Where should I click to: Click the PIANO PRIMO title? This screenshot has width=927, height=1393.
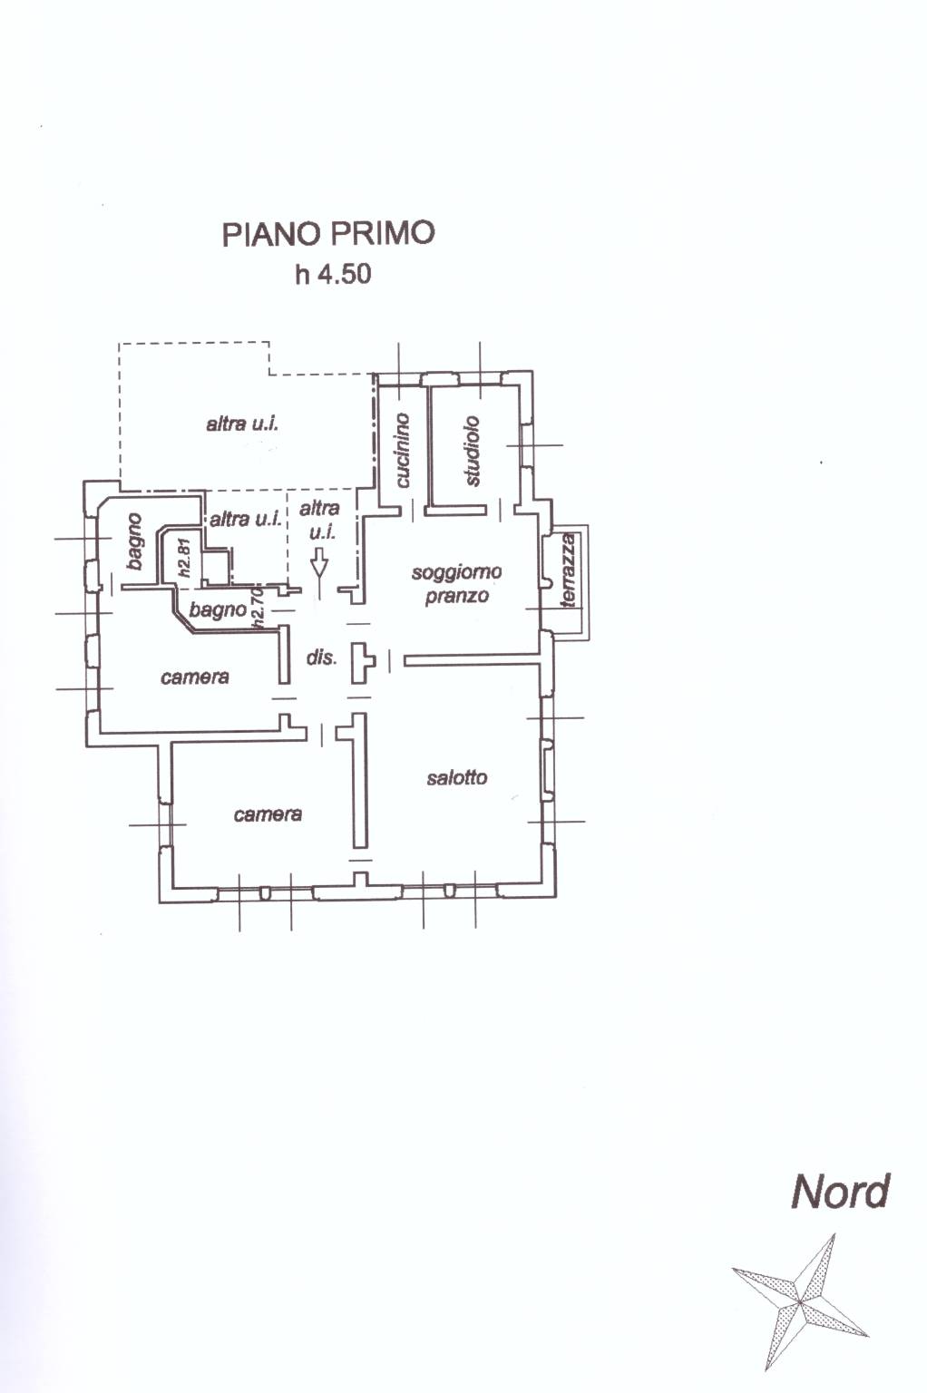point(328,234)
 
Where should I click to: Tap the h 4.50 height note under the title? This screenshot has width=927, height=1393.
point(333,274)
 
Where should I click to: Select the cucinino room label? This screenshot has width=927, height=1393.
point(403,450)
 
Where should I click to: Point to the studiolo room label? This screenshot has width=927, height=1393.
point(473,451)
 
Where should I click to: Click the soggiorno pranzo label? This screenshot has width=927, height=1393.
point(456,584)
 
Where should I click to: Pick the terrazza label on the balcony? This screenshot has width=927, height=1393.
point(568,570)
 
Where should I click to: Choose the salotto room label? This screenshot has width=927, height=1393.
point(456,777)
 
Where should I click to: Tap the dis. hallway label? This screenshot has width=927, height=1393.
point(322,658)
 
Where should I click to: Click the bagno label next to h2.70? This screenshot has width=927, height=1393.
point(218,610)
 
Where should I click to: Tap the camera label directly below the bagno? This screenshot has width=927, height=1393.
point(195,677)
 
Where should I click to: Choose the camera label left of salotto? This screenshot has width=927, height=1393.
point(268,814)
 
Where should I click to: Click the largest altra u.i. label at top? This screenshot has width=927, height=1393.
point(242,424)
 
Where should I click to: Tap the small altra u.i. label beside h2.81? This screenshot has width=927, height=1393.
point(246,519)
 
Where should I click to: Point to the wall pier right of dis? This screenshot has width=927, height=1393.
point(362,663)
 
